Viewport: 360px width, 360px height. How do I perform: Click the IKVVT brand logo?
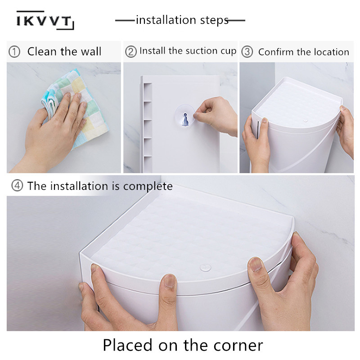tap(45, 20)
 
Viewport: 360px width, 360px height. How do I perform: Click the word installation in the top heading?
tap(166, 20)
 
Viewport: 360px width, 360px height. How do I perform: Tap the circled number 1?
tap(14, 52)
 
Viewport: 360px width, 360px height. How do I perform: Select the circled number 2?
tap(130, 52)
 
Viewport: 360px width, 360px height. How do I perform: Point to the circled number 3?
tap(247, 52)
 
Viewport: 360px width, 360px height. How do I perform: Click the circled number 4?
tap(17, 186)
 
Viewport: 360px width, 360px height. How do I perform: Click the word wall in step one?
tap(91, 51)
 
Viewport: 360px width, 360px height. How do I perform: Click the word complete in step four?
tap(148, 186)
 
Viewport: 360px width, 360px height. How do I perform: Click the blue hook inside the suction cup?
tap(185, 119)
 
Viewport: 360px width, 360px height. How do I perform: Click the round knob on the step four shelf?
tap(206, 267)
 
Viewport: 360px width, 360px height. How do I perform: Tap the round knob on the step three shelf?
tap(306, 120)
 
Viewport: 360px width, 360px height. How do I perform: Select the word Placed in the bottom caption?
tap(128, 345)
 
